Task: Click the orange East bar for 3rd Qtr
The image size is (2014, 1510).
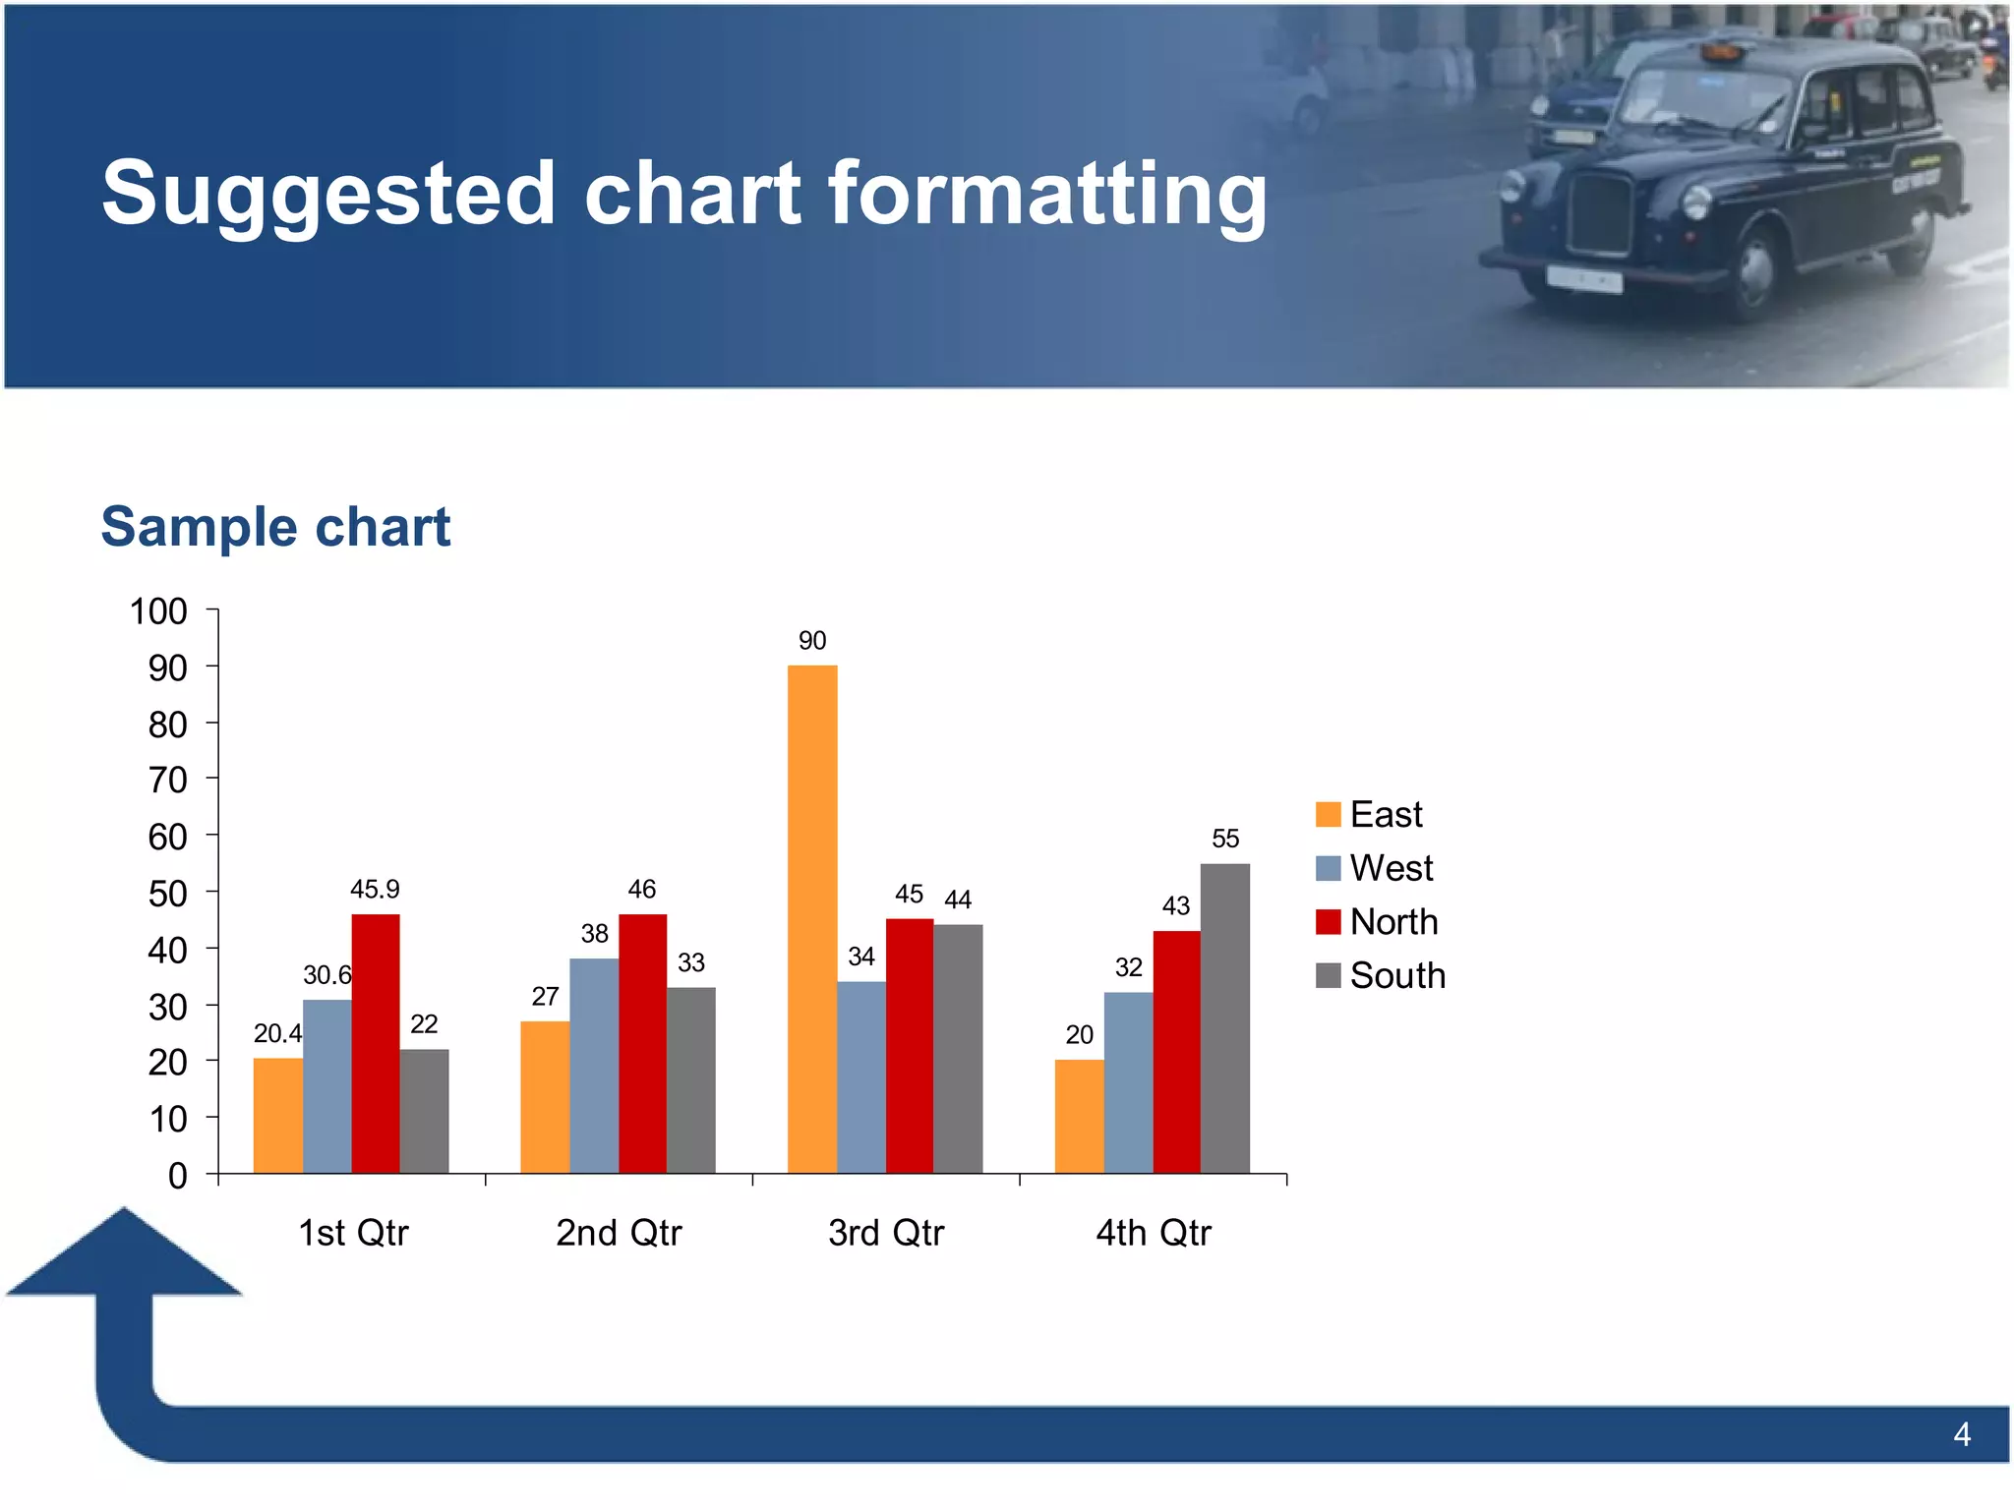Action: pyautogui.click(x=812, y=919)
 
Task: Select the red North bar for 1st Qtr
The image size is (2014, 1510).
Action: pyautogui.click(x=376, y=1043)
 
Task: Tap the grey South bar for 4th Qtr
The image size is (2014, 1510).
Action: pyautogui.click(x=1224, y=1018)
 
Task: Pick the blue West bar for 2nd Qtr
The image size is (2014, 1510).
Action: pyautogui.click(x=594, y=1066)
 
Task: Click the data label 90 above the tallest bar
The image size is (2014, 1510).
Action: pyautogui.click(x=812, y=641)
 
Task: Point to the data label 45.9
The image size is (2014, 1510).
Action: pyautogui.click(x=375, y=890)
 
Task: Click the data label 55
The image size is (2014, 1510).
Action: pyautogui.click(x=1225, y=839)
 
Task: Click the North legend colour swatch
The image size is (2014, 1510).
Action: pyautogui.click(x=1329, y=922)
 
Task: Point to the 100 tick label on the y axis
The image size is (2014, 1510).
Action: pyautogui.click(x=158, y=611)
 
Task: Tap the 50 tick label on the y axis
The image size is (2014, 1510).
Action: pyautogui.click(x=167, y=894)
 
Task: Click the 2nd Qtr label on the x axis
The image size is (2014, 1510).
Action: pyautogui.click(x=619, y=1233)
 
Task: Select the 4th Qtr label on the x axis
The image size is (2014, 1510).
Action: pyautogui.click(x=1154, y=1233)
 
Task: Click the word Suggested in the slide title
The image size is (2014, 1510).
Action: pyautogui.click(x=327, y=195)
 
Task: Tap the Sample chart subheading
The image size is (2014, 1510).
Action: pyautogui.click(x=275, y=527)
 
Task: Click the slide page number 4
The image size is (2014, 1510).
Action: pyautogui.click(x=1962, y=1435)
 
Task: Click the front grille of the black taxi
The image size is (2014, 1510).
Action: pyautogui.click(x=1602, y=213)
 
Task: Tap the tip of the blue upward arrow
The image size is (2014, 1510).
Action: pyautogui.click(x=124, y=1211)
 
